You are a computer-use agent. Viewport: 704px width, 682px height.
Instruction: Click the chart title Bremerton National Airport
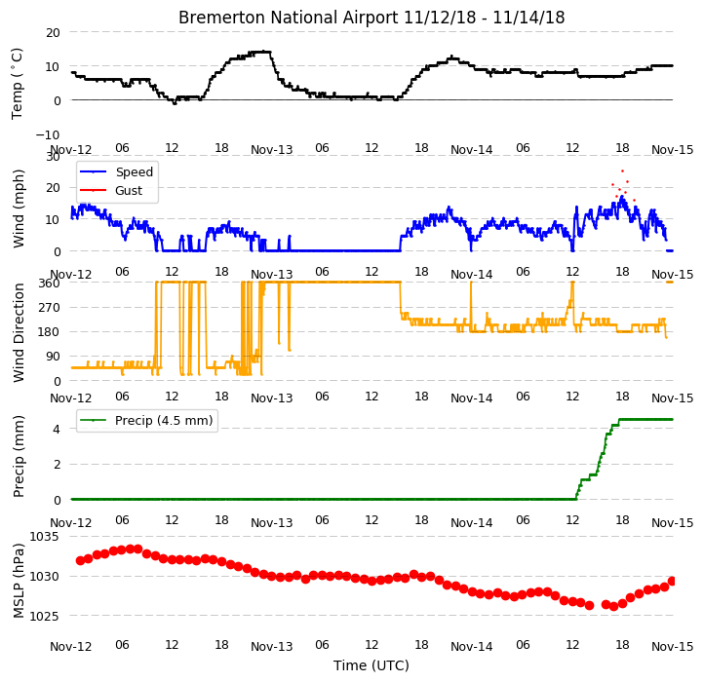(x=289, y=18)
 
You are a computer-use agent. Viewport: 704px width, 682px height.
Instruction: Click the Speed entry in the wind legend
(x=135, y=171)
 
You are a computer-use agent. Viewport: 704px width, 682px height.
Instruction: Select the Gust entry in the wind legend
(x=129, y=191)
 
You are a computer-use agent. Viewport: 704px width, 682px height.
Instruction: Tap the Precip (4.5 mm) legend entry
(x=164, y=421)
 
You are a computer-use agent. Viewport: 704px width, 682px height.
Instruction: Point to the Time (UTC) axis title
(x=372, y=665)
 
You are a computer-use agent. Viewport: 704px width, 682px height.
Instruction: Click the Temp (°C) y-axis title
(x=17, y=84)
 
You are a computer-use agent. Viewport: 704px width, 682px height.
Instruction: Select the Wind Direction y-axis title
(x=19, y=332)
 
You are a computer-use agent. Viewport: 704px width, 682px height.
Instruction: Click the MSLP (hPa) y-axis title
(x=19, y=581)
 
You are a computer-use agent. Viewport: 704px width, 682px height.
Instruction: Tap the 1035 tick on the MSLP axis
(x=44, y=537)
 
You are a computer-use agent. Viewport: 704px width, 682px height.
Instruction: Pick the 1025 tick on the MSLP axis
(x=44, y=616)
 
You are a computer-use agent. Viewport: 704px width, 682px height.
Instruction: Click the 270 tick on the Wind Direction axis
(x=50, y=308)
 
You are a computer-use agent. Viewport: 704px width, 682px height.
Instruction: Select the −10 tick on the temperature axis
(x=48, y=134)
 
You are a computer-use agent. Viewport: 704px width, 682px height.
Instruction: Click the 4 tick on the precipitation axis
(x=57, y=430)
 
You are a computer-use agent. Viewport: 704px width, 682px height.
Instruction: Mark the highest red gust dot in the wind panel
(x=622, y=170)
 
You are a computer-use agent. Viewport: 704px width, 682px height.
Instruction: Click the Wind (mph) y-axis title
(x=19, y=208)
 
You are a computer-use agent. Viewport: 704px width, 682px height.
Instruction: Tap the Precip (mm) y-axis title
(x=19, y=456)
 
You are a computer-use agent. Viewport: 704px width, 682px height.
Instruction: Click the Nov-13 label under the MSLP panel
(x=272, y=647)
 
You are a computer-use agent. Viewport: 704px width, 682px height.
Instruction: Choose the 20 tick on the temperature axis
(x=53, y=33)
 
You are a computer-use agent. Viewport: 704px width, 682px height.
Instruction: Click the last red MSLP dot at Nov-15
(x=672, y=582)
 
